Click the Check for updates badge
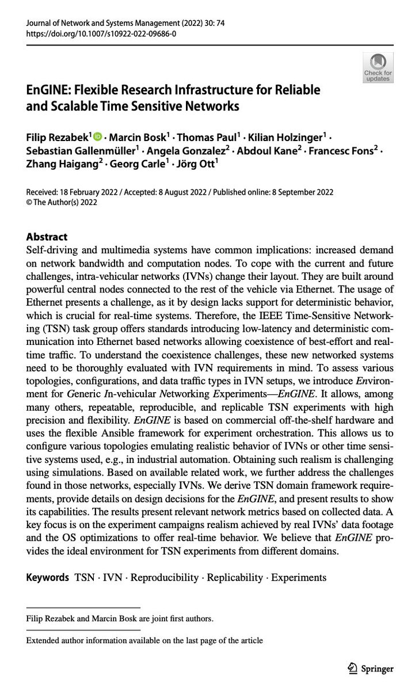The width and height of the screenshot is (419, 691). pyautogui.click(x=378, y=67)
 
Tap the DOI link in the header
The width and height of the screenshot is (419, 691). pyautogui.click(x=101, y=35)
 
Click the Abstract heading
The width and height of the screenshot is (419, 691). pyautogui.click(x=47, y=237)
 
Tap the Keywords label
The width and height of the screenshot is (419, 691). pyautogui.click(x=48, y=577)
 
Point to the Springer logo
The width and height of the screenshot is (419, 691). pyautogui.click(x=370, y=669)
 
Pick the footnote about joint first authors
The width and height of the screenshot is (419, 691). pyautogui.click(x=120, y=619)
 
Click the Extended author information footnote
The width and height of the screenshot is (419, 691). pyautogui.click(x=144, y=640)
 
